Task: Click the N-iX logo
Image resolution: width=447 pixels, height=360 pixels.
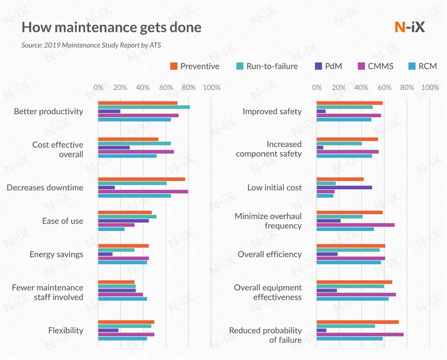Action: (409, 27)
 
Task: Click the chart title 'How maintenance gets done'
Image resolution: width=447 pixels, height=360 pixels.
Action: (111, 27)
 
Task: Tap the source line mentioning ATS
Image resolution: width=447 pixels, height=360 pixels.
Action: (91, 45)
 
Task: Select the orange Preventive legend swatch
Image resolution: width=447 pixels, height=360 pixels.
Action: (174, 66)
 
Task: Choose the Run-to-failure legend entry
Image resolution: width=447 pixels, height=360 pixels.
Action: (267, 66)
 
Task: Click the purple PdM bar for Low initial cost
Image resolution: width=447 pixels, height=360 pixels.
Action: (344, 187)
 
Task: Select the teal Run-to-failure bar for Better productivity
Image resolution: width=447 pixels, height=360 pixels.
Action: (144, 107)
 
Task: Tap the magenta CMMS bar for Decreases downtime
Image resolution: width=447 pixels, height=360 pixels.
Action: (143, 191)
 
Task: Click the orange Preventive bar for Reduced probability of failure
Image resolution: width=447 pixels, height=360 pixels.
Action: (358, 322)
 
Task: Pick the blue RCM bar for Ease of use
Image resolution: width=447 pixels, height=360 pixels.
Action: (111, 229)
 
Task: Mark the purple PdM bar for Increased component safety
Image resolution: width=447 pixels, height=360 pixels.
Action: (320, 147)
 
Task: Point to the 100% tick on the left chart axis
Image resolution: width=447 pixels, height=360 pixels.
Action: (212, 88)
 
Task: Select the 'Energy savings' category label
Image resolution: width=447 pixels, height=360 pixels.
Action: (56, 254)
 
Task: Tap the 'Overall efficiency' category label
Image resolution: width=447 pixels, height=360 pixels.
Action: (269, 254)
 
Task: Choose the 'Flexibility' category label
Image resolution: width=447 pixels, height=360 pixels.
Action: (66, 330)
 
